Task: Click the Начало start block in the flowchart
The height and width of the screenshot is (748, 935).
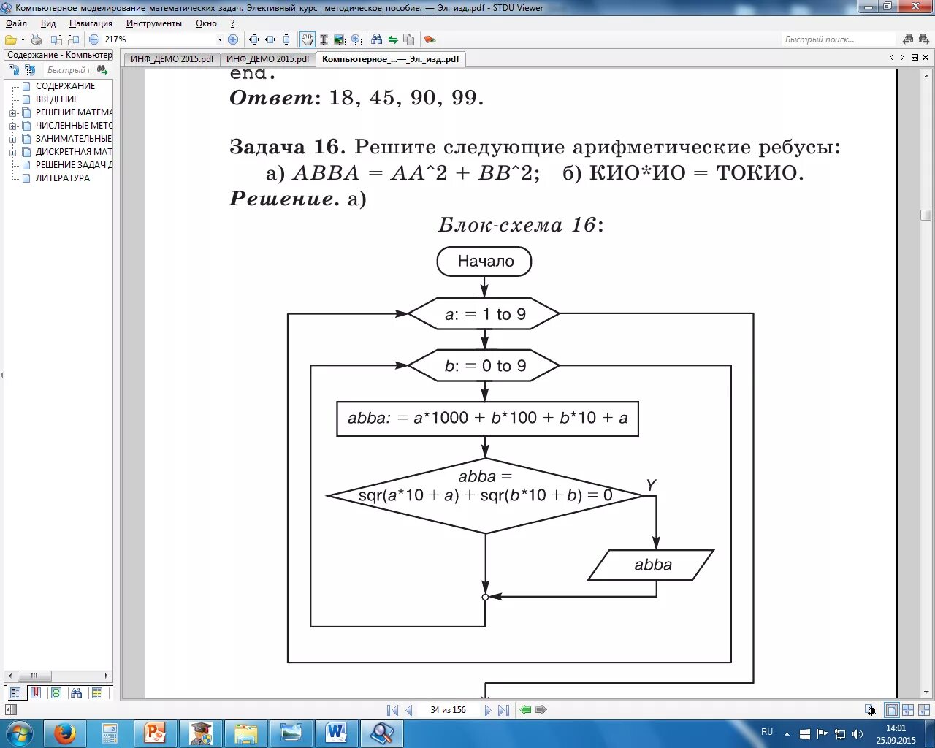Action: [484, 262]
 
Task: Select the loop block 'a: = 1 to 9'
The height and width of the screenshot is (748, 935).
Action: [484, 314]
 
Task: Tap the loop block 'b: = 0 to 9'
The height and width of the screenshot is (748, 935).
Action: [484, 366]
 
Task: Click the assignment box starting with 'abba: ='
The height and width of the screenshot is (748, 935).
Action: [487, 419]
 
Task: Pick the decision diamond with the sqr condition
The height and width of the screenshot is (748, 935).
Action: [485, 495]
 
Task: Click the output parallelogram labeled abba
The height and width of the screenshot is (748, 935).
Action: [652, 565]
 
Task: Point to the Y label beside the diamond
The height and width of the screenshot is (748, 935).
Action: [651, 485]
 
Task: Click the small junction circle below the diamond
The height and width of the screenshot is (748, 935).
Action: [485, 597]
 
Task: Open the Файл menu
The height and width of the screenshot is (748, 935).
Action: [16, 23]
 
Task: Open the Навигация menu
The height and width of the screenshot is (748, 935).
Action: [91, 23]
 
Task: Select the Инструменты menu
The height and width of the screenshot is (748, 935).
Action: [153, 23]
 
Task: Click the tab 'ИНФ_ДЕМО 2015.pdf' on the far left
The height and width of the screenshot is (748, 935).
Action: [172, 59]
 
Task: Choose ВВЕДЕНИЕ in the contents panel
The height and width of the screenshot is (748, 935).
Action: [57, 99]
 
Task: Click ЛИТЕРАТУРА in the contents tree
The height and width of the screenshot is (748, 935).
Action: [63, 178]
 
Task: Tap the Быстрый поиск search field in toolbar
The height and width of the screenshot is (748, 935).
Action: [837, 39]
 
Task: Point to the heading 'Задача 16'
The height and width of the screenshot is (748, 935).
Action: [285, 147]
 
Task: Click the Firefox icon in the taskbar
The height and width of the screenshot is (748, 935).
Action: [64, 733]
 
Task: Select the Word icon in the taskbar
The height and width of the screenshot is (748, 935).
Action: [336, 733]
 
